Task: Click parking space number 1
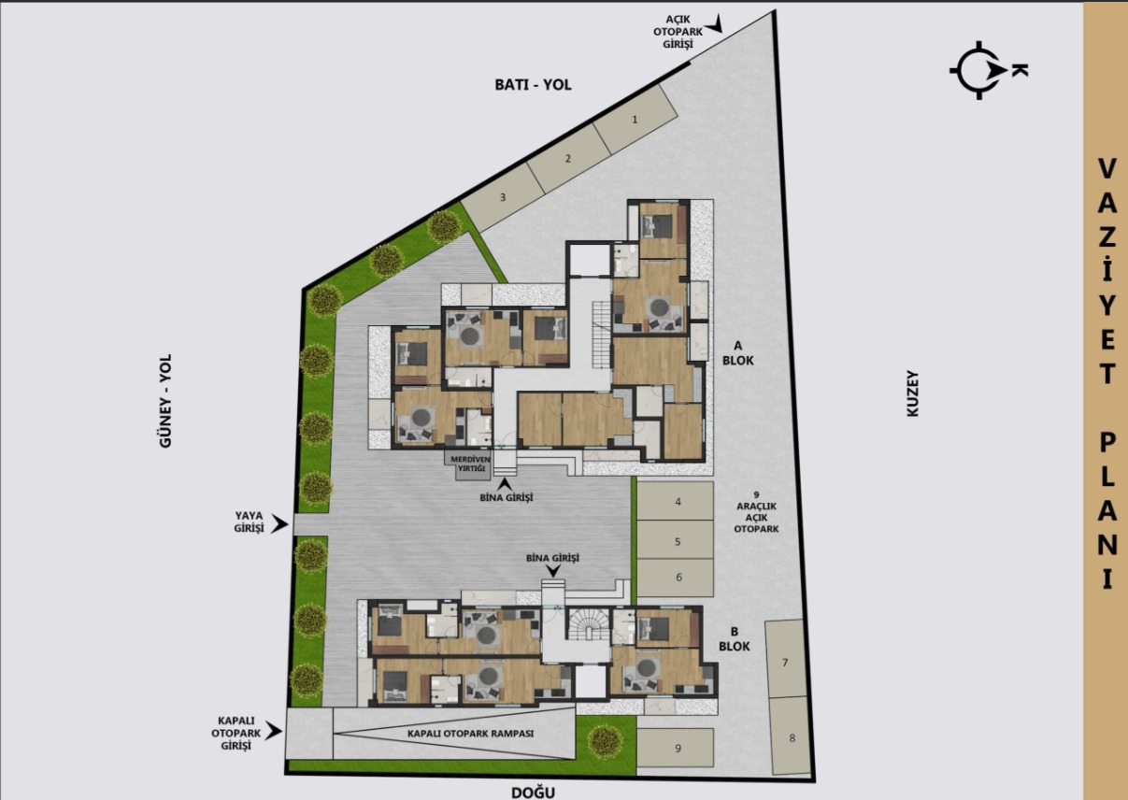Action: pyautogui.click(x=635, y=120)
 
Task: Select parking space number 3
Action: pyautogui.click(x=503, y=197)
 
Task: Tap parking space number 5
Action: pyautogui.click(x=678, y=541)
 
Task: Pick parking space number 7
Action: pyautogui.click(x=785, y=663)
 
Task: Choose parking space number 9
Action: pyautogui.click(x=678, y=748)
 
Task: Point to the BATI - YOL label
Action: pyautogui.click(x=533, y=84)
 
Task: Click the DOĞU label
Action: pyautogui.click(x=534, y=793)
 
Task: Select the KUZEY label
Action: pyautogui.click(x=913, y=393)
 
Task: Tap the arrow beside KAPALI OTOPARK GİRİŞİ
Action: pyautogui.click(x=273, y=732)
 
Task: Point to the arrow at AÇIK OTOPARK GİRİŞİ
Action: pyautogui.click(x=716, y=23)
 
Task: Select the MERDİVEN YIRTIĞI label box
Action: pyautogui.click(x=471, y=465)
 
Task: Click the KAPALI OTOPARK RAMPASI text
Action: pyautogui.click(x=470, y=734)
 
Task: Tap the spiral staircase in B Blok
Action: pyautogui.click(x=589, y=625)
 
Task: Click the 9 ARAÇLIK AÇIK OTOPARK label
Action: pyautogui.click(x=758, y=511)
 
